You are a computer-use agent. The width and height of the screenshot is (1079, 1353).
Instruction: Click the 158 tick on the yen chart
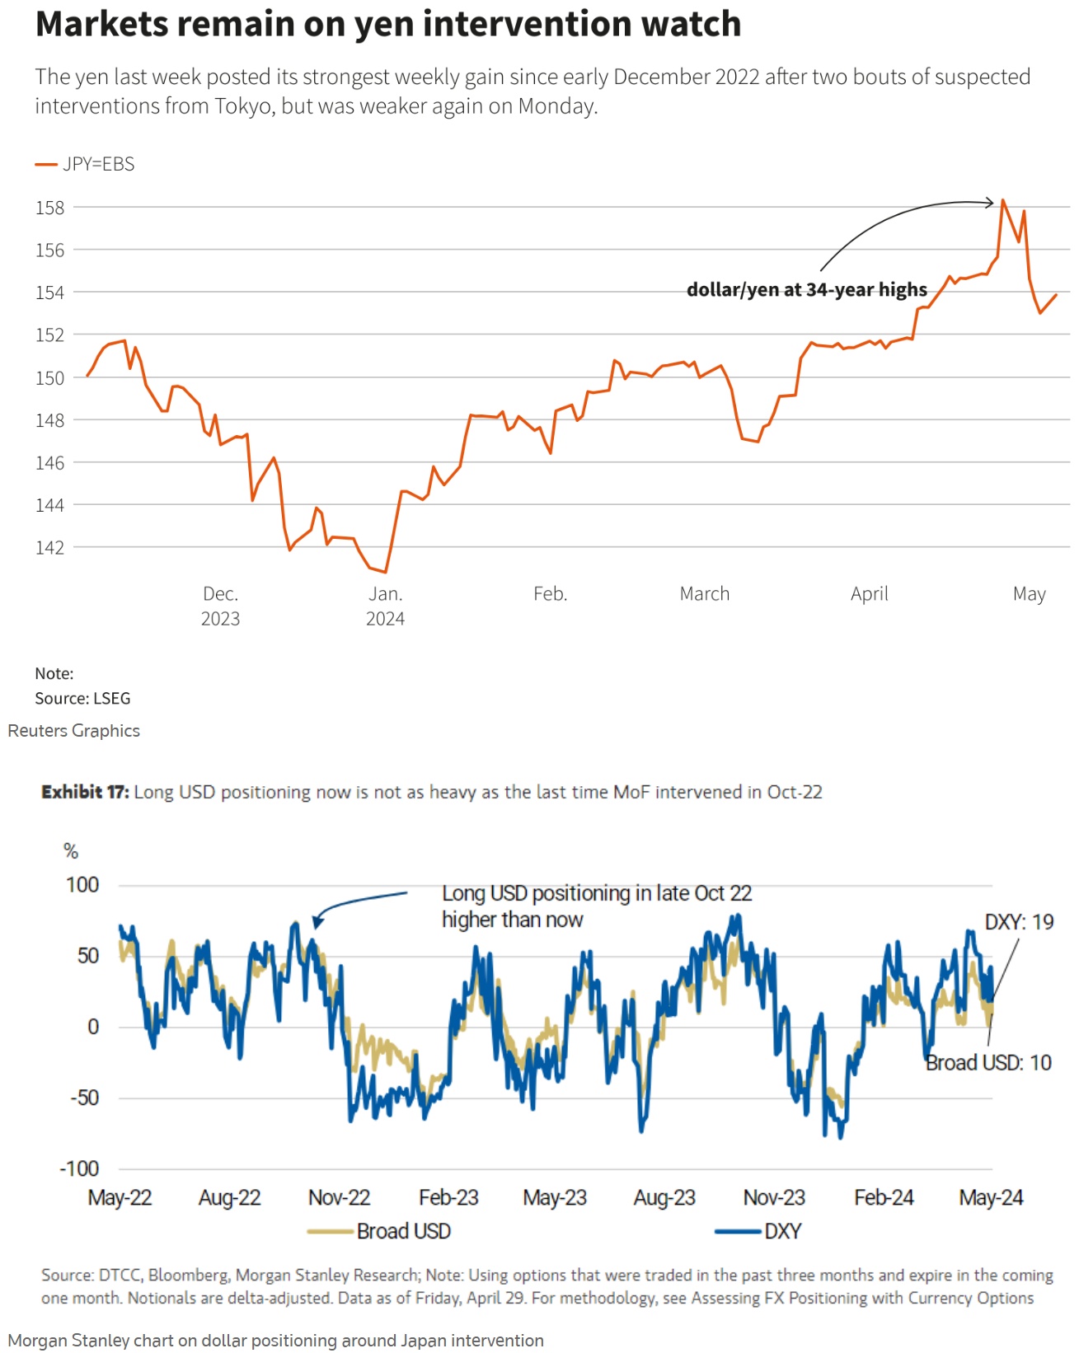click(x=49, y=208)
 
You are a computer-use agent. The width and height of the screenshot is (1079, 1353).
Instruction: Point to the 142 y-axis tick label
click(x=49, y=547)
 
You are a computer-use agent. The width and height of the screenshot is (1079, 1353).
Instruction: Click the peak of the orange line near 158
click(x=1002, y=200)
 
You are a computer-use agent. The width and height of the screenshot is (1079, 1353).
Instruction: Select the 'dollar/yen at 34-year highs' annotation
click(x=806, y=290)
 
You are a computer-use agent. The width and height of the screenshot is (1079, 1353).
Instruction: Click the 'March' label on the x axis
click(x=704, y=593)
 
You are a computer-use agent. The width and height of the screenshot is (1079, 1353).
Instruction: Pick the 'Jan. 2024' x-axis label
click(x=385, y=606)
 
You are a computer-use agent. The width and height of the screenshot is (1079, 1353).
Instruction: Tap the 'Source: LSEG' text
click(x=82, y=698)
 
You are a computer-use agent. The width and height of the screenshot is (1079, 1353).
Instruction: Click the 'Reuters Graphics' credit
click(x=74, y=731)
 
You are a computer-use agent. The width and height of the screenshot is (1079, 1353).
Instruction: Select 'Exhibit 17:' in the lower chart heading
click(x=85, y=792)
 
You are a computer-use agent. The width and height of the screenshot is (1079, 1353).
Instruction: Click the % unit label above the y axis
click(x=71, y=851)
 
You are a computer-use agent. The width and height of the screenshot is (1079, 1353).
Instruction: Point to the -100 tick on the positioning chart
click(x=79, y=1168)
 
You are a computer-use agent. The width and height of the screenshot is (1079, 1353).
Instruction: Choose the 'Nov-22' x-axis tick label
click(x=339, y=1197)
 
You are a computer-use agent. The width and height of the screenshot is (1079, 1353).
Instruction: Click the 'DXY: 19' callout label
click(x=1019, y=922)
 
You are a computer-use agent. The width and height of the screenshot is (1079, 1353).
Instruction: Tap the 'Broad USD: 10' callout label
click(x=988, y=1063)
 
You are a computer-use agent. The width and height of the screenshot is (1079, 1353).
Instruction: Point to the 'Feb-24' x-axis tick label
click(x=884, y=1197)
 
